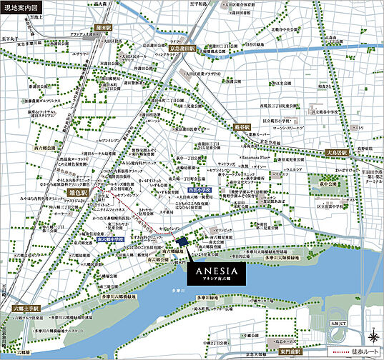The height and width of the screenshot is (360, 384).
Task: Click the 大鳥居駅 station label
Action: (339, 152)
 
